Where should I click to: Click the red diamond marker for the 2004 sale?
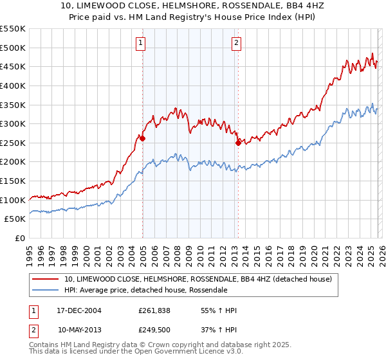142,138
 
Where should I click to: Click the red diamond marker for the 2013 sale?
238,143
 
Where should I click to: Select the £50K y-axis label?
15,219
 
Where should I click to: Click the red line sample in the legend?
46,279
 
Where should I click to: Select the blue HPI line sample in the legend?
46,290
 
